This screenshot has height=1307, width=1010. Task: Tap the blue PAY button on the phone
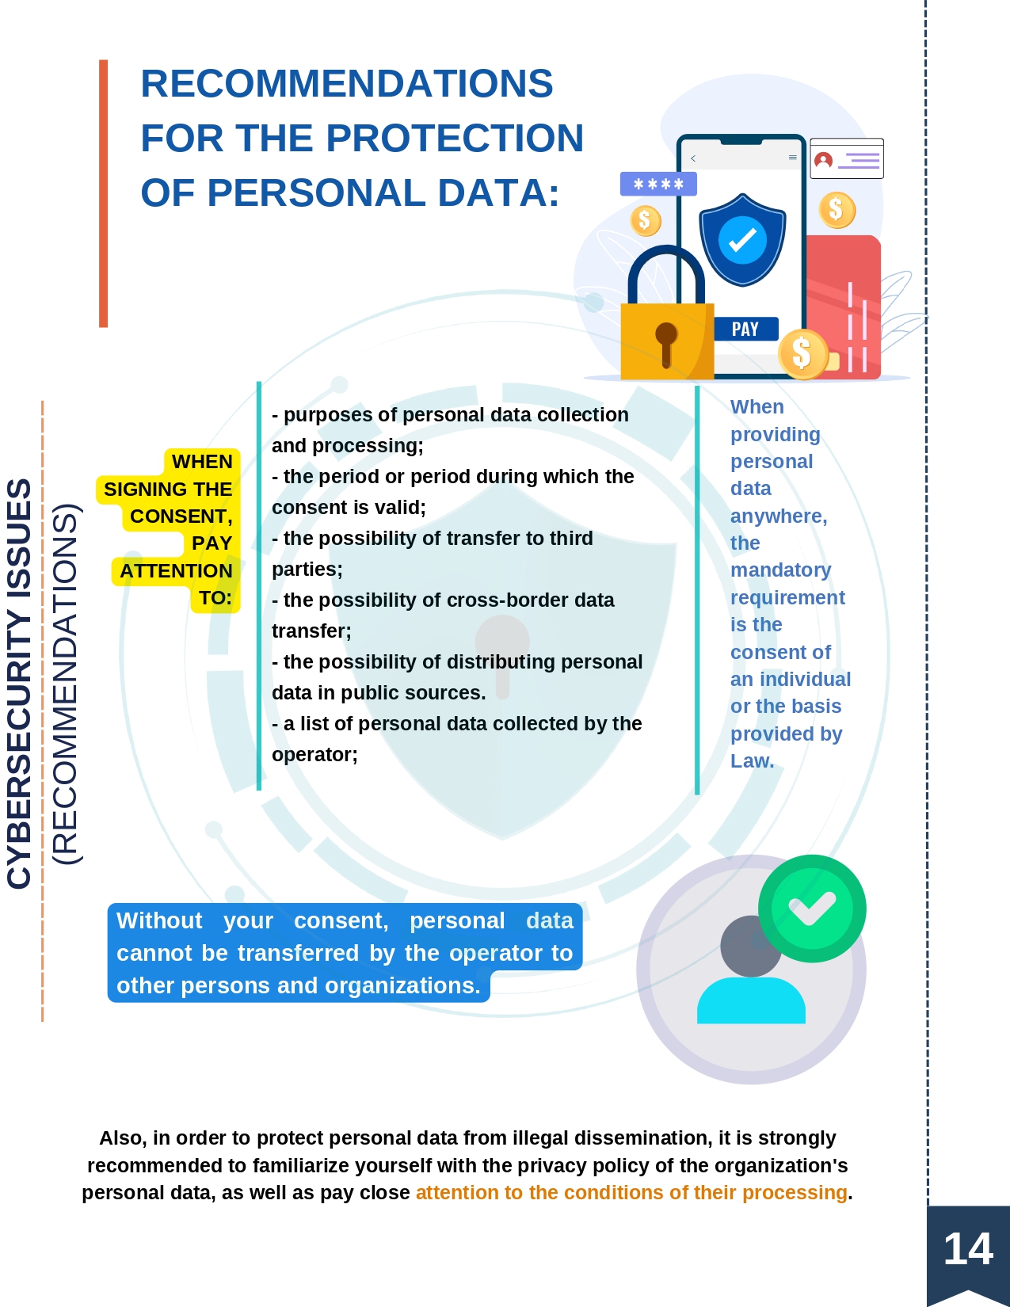click(746, 329)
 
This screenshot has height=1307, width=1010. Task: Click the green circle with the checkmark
click(812, 909)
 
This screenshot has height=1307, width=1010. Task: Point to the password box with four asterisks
click(659, 184)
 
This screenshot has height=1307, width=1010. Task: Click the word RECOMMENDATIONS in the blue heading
click(346, 83)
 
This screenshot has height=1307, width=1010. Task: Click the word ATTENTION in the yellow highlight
click(176, 570)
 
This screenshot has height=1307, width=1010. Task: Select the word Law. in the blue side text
click(752, 761)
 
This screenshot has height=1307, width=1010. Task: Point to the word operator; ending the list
click(314, 754)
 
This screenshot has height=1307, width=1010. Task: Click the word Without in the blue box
click(159, 921)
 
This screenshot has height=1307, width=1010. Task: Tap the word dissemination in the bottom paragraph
click(616, 1138)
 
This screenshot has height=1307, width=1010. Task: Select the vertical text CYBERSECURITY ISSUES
click(19, 684)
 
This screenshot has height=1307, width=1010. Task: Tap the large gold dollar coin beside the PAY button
click(802, 354)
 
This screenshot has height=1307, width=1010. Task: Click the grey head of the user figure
click(751, 946)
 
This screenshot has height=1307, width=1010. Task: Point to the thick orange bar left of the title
click(104, 194)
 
